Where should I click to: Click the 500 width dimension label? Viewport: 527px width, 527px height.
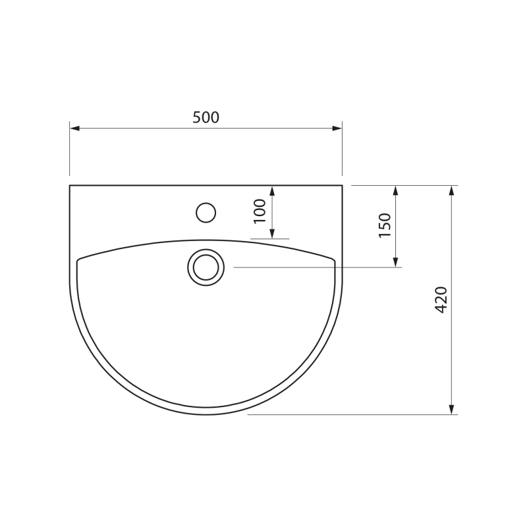pos(206,117)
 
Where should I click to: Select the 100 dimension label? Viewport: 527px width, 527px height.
pos(260,211)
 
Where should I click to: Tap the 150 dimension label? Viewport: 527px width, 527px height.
pos(385,225)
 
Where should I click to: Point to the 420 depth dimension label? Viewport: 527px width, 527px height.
pos(441,300)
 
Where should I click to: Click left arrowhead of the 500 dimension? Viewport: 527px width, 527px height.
pos(74,128)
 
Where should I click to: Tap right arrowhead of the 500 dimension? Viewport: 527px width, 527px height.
pos(337,128)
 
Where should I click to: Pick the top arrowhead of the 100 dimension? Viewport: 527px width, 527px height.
pos(272,190)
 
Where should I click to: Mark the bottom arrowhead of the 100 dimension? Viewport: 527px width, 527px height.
pos(272,234)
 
